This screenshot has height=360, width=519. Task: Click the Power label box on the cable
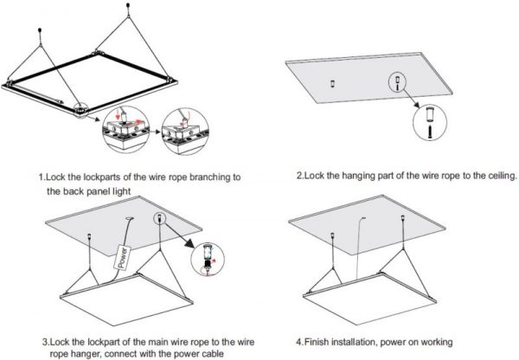[122, 258]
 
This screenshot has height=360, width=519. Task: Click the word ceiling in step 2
[502, 176]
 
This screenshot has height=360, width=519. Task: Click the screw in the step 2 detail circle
[430, 132]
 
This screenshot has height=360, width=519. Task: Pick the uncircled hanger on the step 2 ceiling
[333, 83]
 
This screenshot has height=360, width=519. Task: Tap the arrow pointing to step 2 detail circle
[412, 99]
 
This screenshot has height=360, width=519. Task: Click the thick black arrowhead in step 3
[189, 244]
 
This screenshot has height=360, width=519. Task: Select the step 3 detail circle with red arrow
[208, 260]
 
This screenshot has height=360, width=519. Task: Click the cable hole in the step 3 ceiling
[129, 219]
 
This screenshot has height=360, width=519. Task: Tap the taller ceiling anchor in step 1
[128, 6]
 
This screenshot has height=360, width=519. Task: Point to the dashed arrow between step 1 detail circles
[155, 132]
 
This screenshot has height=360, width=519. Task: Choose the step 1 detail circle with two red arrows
[126, 130]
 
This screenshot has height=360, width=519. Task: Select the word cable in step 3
[212, 354]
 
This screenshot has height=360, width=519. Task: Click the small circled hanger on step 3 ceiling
[159, 218]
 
